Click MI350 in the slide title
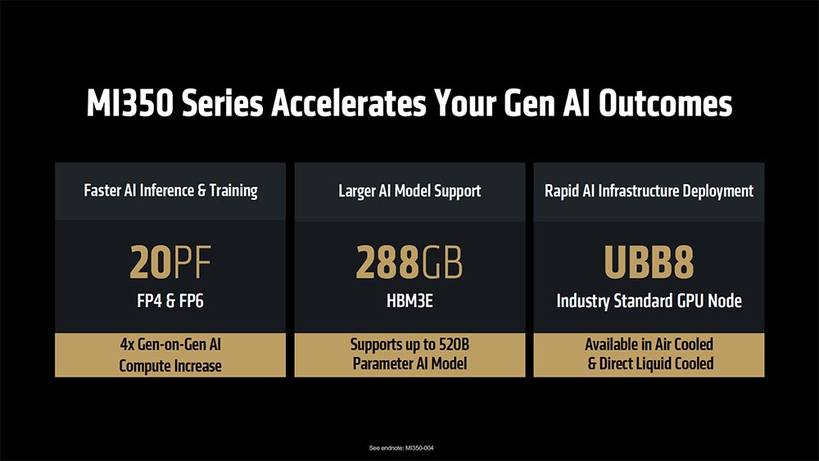click(x=130, y=103)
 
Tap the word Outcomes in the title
click(x=665, y=103)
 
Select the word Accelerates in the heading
click(x=348, y=103)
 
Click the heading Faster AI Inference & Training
click(x=171, y=191)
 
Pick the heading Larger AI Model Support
click(x=409, y=191)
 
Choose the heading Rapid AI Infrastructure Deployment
click(x=649, y=191)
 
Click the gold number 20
click(x=151, y=262)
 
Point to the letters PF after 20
click(x=192, y=262)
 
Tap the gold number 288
click(x=387, y=262)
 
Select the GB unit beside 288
click(x=442, y=262)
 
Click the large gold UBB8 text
click(x=649, y=262)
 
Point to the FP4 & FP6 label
click(x=170, y=301)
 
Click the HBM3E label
click(x=409, y=301)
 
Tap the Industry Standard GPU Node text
click(x=649, y=301)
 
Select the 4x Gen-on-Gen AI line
click(x=170, y=345)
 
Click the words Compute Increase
click(x=170, y=365)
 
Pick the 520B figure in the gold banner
click(x=454, y=345)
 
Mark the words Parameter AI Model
click(x=409, y=364)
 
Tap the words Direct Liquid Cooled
click(x=656, y=364)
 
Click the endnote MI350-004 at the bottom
click(x=419, y=448)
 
